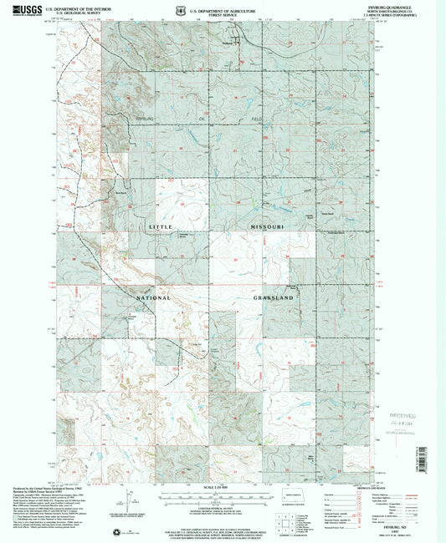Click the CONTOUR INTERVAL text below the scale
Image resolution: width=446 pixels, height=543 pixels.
(222, 506)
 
